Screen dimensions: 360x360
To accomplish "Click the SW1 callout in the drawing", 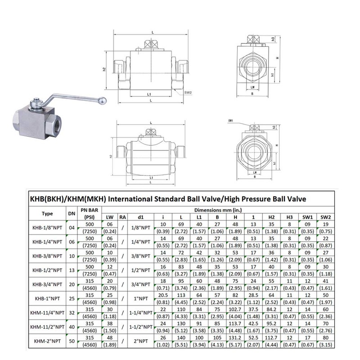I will tap(230, 121).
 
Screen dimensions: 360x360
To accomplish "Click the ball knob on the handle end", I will tap(103, 100).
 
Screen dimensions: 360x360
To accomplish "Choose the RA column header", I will tap(122, 217).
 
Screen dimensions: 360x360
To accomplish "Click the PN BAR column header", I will tap(89, 209).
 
